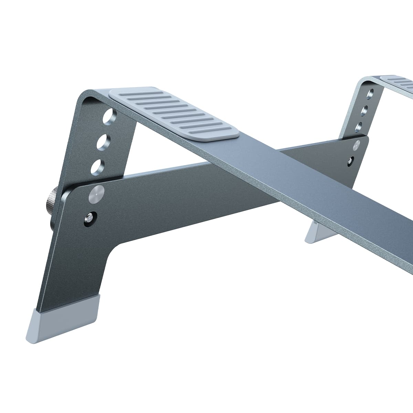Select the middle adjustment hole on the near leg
[x=103, y=141]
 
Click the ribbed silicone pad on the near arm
[x=174, y=114]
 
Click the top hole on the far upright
[x=370, y=94]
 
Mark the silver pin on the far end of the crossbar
[x=357, y=145]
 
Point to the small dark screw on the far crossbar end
[x=352, y=160]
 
